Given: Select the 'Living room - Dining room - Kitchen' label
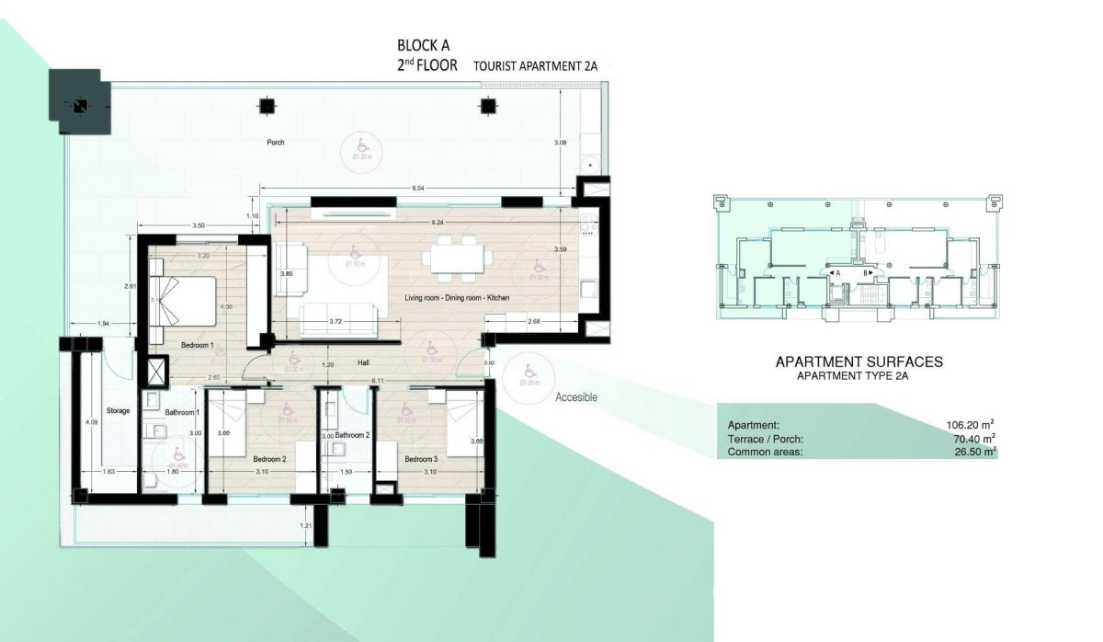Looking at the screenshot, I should (457, 299).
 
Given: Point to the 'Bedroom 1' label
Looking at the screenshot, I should (197, 345).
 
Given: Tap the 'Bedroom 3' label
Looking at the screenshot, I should (421, 459).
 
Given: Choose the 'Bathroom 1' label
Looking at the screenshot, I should (181, 412).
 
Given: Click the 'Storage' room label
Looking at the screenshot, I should (118, 410).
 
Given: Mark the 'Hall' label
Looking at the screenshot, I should (364, 363).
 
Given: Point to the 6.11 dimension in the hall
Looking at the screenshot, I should (377, 379).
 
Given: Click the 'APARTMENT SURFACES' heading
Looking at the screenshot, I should (859, 362).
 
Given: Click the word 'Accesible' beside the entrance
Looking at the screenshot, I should (576, 397).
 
